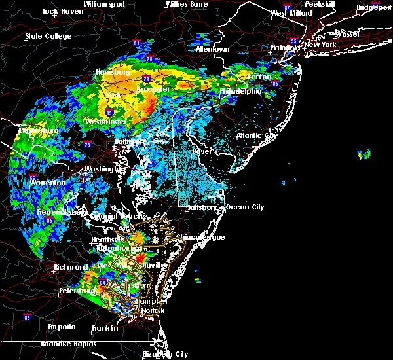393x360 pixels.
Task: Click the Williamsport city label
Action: click(103, 4)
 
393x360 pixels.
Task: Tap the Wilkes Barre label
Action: click(186, 4)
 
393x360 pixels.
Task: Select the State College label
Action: click(48, 36)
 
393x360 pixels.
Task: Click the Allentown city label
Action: click(213, 49)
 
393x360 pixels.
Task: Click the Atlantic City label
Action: click(257, 135)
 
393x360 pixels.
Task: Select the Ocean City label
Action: click(245, 207)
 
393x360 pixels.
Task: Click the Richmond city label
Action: click(72, 267)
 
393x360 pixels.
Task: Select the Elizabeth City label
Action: click(164, 354)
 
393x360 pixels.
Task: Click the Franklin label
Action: click(105, 327)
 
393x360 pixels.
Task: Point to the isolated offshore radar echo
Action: click(364, 154)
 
